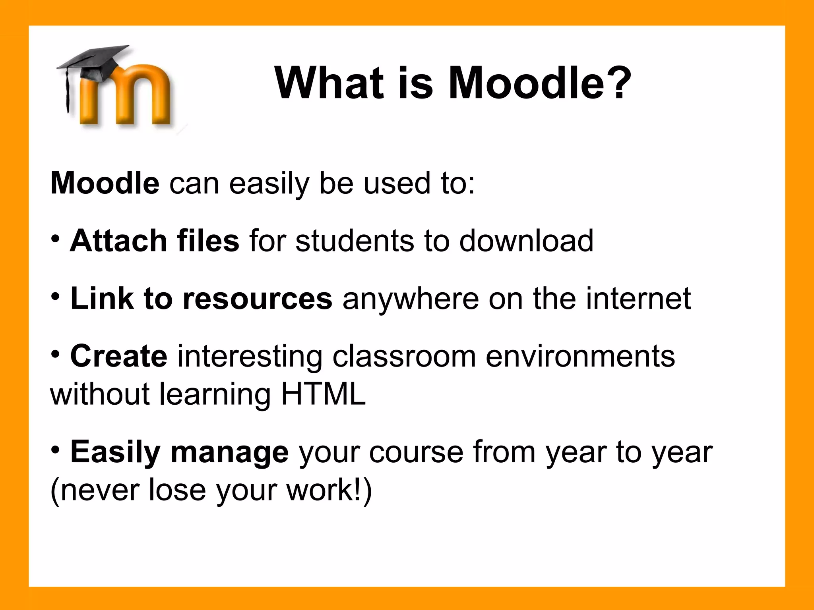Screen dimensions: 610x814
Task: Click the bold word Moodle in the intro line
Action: pos(105,183)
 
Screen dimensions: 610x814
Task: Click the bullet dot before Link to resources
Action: pos(56,296)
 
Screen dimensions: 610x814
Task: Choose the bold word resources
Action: pos(257,299)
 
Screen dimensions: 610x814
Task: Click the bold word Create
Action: pos(119,356)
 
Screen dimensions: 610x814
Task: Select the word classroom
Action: pos(404,356)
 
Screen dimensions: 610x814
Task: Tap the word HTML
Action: pos(323,394)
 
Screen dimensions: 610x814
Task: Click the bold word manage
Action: pos(229,452)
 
